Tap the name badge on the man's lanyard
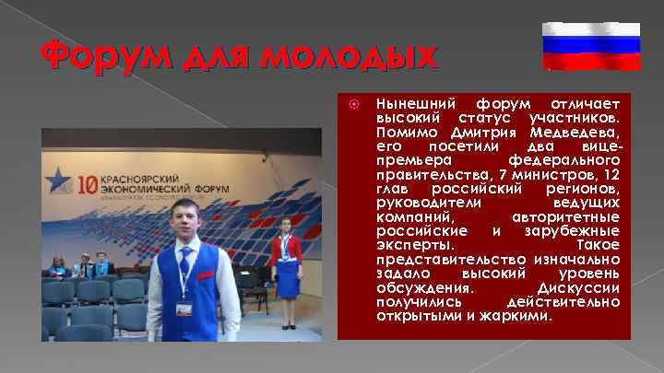(x=184, y=308)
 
